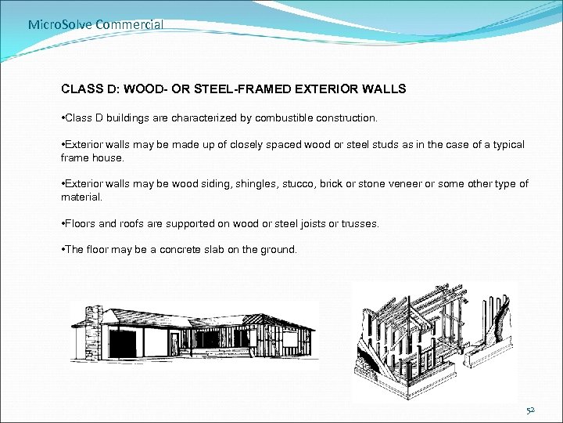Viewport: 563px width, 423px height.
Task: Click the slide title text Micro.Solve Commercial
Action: [x=95, y=24]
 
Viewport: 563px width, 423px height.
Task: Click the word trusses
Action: [x=359, y=223]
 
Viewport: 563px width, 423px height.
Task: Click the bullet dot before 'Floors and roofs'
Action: [x=63, y=223]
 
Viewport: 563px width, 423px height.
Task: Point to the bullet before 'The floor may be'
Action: [x=63, y=250]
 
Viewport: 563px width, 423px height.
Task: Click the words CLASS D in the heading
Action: [x=89, y=89]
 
